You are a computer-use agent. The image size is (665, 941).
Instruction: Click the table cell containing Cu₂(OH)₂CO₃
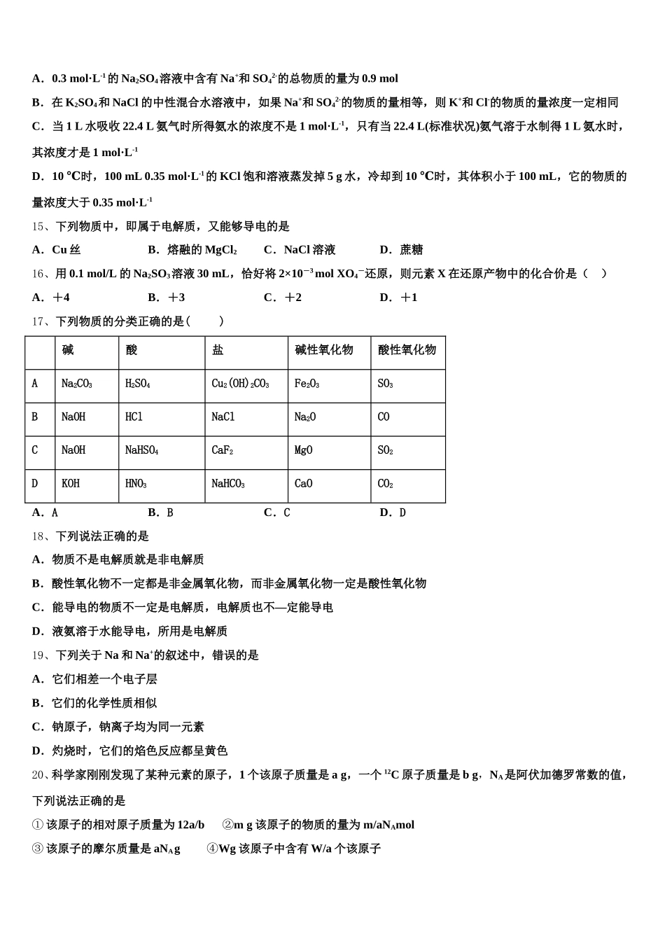click(240, 384)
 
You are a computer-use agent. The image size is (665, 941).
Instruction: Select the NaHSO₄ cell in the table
click(141, 450)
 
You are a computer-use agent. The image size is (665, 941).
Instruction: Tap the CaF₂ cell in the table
click(222, 450)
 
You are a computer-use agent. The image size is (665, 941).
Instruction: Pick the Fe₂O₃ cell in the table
click(307, 384)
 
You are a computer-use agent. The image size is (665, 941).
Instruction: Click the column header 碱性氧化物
click(324, 350)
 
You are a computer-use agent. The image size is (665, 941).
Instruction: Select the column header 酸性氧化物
click(407, 350)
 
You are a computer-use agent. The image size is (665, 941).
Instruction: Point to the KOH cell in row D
click(71, 484)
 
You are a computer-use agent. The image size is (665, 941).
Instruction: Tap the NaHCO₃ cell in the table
click(228, 484)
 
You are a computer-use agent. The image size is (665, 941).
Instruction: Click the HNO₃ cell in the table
click(136, 484)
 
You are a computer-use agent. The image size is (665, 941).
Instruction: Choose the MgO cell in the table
click(303, 450)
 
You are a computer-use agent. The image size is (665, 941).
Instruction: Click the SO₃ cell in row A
click(385, 384)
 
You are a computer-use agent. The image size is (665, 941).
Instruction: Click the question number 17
click(38, 321)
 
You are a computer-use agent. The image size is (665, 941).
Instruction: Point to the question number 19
click(38, 655)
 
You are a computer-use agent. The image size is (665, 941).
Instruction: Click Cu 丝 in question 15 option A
click(66, 250)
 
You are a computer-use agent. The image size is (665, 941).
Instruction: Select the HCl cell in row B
click(134, 417)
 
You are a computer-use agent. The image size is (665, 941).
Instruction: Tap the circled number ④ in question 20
click(212, 849)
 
